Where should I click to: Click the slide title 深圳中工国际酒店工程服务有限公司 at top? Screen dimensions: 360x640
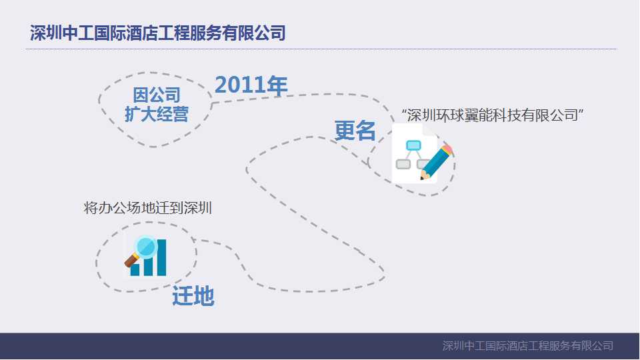[158, 33]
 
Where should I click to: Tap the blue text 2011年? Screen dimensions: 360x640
[251, 85]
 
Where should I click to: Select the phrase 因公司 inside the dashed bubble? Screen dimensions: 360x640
[156, 95]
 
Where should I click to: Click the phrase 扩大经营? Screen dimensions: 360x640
[156, 114]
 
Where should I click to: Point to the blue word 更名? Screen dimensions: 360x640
[355, 131]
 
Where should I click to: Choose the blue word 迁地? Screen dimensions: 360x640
[193, 295]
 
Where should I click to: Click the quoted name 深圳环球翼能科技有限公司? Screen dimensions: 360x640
[493, 115]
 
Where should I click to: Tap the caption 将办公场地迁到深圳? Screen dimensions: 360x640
[148, 207]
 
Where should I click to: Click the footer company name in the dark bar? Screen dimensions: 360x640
[527, 345]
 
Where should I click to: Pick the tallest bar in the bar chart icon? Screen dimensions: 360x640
[161, 257]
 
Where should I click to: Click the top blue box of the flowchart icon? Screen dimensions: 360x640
[413, 145]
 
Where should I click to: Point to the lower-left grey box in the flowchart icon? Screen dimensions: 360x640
[403, 164]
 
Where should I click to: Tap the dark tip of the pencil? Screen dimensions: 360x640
[422, 178]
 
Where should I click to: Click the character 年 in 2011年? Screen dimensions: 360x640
[276, 85]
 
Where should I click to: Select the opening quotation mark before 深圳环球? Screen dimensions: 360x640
[404, 111]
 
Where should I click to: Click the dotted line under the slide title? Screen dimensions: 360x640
[320, 49]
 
